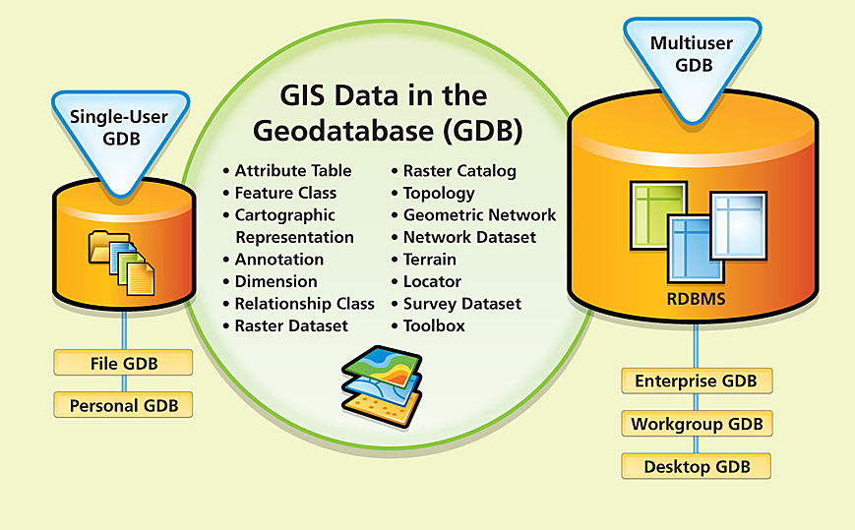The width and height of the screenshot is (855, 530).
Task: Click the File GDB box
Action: pos(123,363)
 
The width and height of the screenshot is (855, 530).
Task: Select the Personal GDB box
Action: pos(123,405)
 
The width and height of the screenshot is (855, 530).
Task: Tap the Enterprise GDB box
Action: pos(697,381)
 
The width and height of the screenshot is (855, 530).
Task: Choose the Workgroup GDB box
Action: pos(697,424)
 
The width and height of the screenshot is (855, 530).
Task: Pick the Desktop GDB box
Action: pos(697,467)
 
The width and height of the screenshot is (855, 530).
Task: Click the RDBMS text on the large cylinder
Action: pos(696,299)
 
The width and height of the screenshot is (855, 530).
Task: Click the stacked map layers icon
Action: pos(382,385)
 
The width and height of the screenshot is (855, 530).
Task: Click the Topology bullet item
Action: pos(433,193)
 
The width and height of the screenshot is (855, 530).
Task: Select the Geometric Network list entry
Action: pos(474,215)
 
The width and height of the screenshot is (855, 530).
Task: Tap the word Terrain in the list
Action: pos(430,260)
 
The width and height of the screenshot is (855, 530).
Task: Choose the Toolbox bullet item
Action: pos(428,325)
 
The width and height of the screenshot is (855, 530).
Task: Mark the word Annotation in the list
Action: pos(279,260)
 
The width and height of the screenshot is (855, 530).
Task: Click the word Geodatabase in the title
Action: pos(342,131)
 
